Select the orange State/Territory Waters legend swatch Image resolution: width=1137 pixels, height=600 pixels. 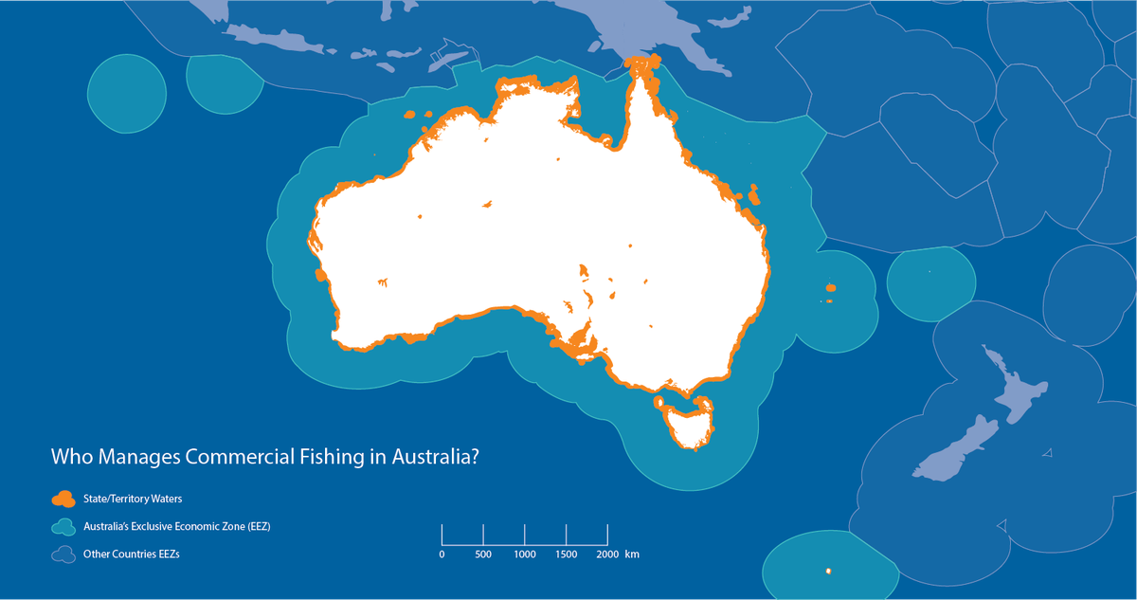(x=64, y=498)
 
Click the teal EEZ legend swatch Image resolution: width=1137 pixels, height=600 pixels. (x=64, y=526)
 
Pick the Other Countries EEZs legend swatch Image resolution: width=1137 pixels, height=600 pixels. (x=64, y=554)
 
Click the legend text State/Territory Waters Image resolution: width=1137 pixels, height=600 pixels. (x=135, y=498)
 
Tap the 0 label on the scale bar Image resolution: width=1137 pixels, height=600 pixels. (x=442, y=554)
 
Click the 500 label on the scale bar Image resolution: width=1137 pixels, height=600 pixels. (x=483, y=554)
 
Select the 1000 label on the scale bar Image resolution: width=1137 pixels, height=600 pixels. (x=525, y=554)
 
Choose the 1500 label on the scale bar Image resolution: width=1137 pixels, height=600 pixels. (x=566, y=554)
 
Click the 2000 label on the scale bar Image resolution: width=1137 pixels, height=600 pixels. (x=607, y=554)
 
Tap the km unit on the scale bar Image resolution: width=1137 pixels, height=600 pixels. (x=632, y=554)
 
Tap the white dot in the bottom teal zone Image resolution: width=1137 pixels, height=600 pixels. (x=829, y=571)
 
